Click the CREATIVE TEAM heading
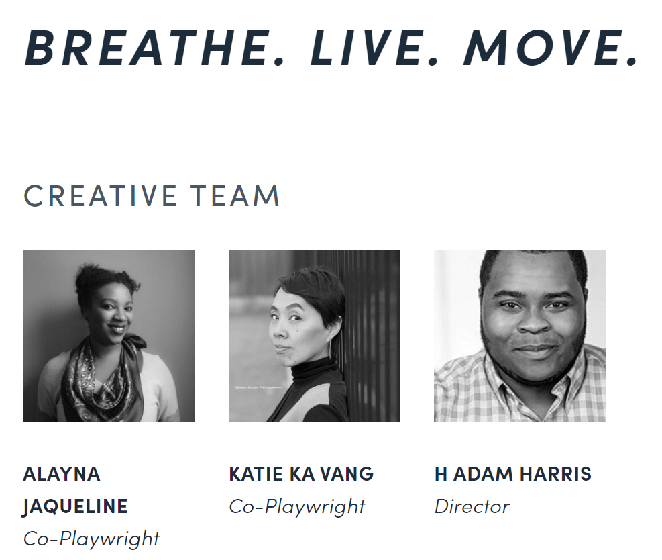(x=152, y=196)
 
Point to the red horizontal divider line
(x=342, y=126)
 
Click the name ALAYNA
(x=62, y=474)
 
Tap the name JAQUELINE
(x=75, y=506)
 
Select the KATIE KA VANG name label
(x=301, y=474)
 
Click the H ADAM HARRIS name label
(x=513, y=474)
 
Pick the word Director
(x=472, y=506)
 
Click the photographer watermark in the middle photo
(x=258, y=387)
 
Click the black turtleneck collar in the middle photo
(x=313, y=369)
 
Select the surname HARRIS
(x=555, y=474)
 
